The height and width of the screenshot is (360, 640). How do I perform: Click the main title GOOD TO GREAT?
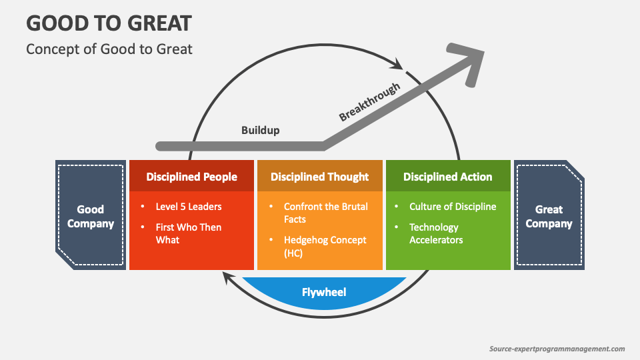(109, 23)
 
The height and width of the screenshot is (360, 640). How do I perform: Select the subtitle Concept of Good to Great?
(109, 49)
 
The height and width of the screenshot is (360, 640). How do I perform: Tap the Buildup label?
(260, 130)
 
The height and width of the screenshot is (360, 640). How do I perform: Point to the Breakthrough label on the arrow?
(369, 101)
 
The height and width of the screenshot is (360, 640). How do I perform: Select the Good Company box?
(91, 215)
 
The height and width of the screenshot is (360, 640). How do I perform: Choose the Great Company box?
(549, 215)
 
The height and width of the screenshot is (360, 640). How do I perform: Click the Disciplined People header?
(191, 177)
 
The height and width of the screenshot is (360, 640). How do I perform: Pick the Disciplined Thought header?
(319, 177)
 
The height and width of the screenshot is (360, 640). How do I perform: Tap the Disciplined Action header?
(447, 177)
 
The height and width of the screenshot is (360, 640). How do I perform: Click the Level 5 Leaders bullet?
(188, 207)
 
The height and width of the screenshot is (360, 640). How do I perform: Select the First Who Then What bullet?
(188, 233)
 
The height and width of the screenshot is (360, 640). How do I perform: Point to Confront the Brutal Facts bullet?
(325, 213)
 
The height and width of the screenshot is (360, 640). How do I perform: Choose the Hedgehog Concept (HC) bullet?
(325, 246)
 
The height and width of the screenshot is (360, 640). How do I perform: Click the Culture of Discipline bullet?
(453, 207)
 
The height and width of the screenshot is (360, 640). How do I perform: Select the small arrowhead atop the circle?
(399, 65)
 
